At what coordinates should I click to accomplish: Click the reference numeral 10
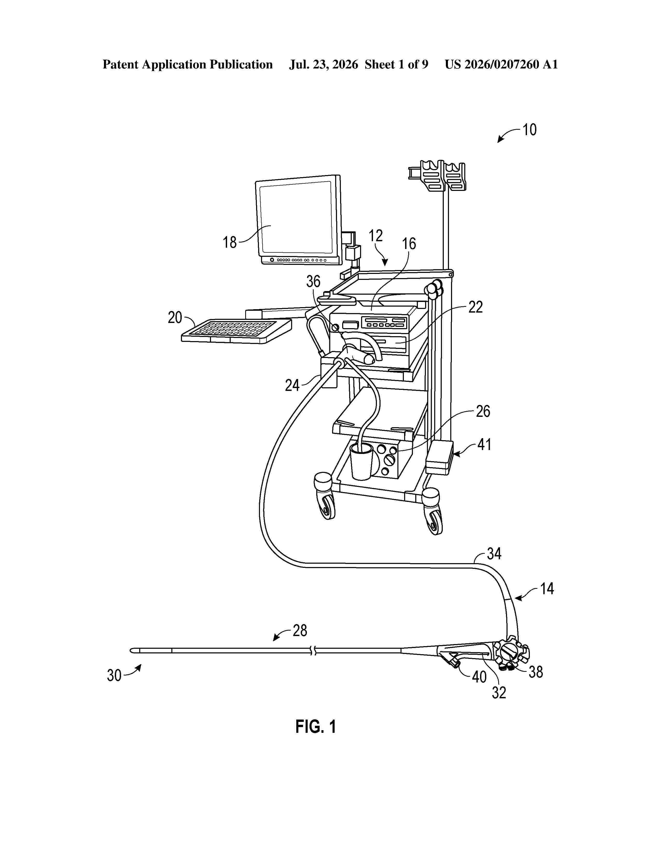point(529,130)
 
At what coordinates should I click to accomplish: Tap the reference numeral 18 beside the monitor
point(230,242)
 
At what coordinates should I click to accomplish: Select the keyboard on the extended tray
point(236,331)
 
